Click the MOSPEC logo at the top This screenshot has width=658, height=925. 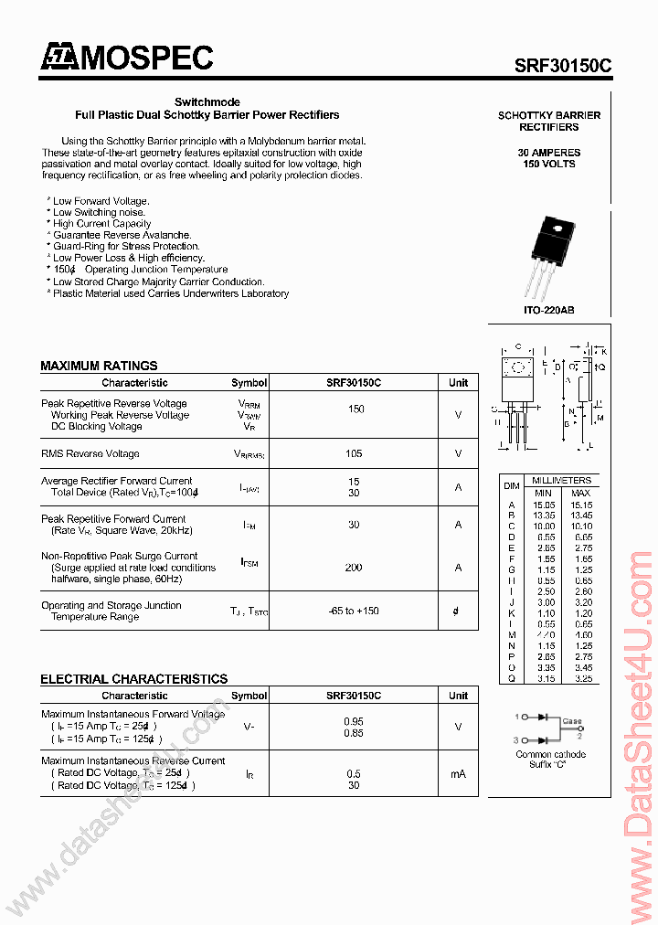tap(126, 58)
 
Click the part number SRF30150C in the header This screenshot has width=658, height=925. tap(563, 66)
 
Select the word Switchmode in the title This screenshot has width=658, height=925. tap(207, 101)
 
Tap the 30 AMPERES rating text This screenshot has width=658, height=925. tap(548, 152)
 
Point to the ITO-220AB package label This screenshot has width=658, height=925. tap(548, 311)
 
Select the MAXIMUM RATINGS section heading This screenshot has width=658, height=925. tap(99, 366)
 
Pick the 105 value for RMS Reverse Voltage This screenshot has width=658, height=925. tap(354, 453)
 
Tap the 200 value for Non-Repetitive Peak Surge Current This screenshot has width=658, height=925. tap(354, 568)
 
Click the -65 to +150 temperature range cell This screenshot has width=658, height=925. tap(354, 611)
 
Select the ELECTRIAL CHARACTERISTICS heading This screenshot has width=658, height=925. tap(133, 679)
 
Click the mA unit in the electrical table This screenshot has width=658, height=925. tap(458, 773)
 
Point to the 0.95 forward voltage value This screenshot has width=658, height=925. tap(354, 721)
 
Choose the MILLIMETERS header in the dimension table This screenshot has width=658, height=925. tap(561, 480)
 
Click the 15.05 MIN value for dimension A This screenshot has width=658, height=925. tap(544, 504)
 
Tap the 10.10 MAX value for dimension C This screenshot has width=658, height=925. tap(580, 526)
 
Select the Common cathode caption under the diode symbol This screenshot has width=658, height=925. tap(550, 754)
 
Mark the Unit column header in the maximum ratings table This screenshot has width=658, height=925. tap(458, 383)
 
